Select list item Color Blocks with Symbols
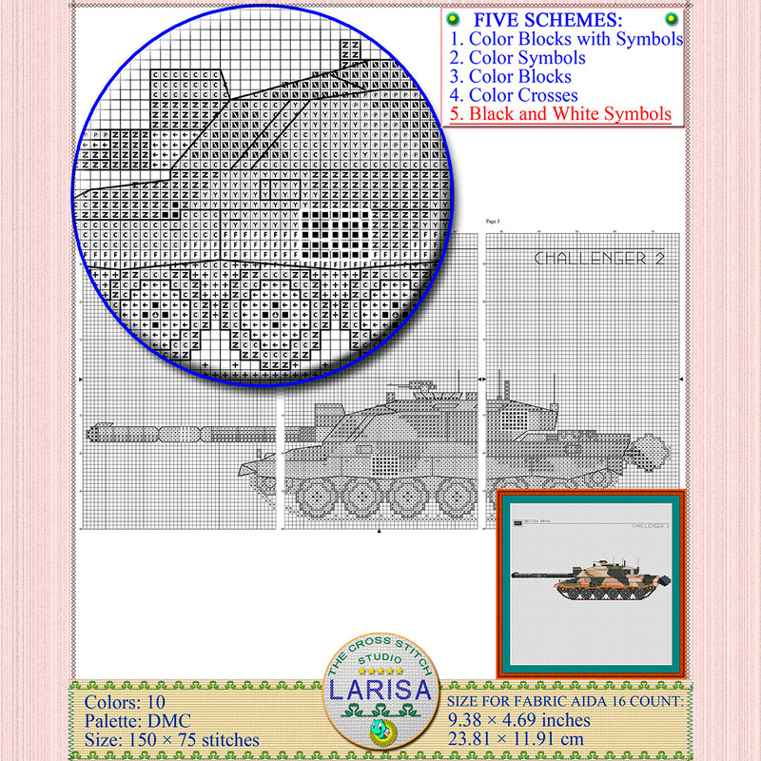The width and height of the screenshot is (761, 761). pyautogui.click(x=567, y=40)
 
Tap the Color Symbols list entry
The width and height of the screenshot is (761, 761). pyautogui.click(x=517, y=58)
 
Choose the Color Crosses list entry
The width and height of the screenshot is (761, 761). pyautogui.click(x=514, y=95)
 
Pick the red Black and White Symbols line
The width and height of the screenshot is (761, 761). pyautogui.click(x=561, y=114)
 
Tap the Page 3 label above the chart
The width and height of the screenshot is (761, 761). pyautogui.click(x=493, y=221)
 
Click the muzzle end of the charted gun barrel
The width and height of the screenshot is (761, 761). pyautogui.click(x=91, y=434)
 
